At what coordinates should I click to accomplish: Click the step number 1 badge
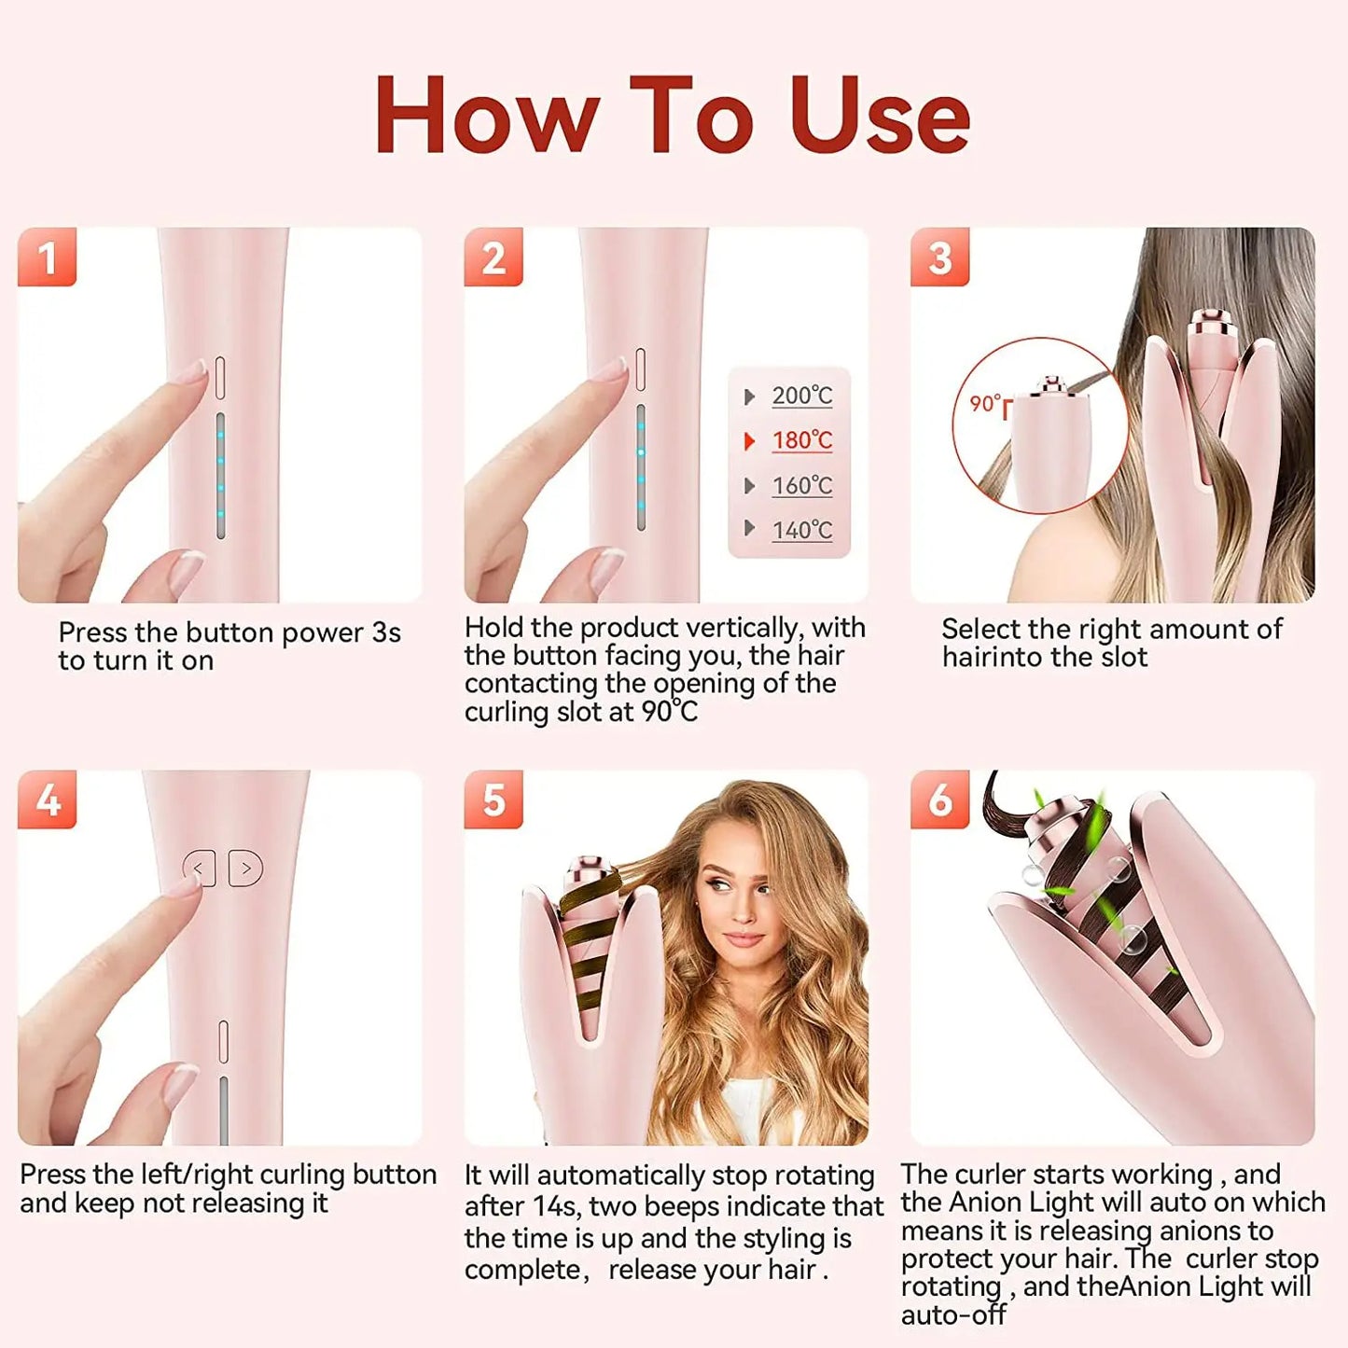47,257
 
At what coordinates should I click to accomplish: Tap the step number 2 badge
493,257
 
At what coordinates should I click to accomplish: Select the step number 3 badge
939,257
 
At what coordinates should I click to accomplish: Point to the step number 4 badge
47,799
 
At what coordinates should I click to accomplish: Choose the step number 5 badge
493,799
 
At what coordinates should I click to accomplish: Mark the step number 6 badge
939,799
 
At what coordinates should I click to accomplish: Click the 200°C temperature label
801,396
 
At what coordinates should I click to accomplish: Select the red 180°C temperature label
801,440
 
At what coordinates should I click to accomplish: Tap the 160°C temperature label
801,485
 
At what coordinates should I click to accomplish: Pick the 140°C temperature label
801,530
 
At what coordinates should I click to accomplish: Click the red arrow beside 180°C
749,441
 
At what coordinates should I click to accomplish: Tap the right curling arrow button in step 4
245,869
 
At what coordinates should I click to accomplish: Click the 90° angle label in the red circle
986,404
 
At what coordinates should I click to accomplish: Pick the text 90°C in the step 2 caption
670,712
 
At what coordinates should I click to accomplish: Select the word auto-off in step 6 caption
952,1315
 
